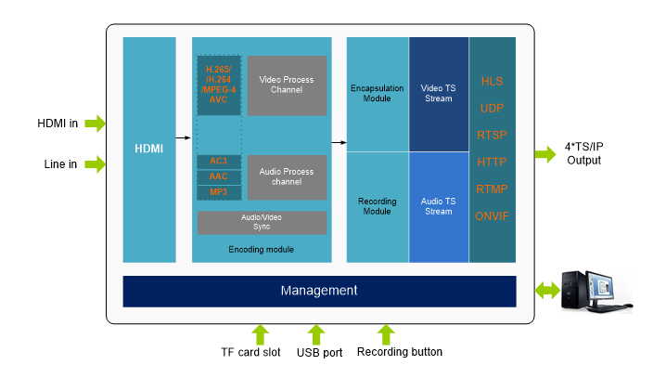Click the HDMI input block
[148, 149]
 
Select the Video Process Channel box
[287, 85]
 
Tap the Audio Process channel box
[287, 176]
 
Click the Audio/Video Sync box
[262, 222]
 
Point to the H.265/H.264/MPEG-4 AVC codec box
[219, 85]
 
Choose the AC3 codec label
[219, 162]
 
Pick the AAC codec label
[219, 176]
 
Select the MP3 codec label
[219, 192]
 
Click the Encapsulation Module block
[378, 94]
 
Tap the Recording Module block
[378, 206]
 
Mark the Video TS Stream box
[439, 94]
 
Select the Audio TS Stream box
[439, 206]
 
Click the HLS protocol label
[492, 82]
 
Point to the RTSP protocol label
[492, 136]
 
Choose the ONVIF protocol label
[492, 216]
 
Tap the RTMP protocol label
[492, 189]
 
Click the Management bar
[319, 291]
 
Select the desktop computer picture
[596, 291]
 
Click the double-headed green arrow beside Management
[546, 291]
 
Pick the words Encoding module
[262, 250]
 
